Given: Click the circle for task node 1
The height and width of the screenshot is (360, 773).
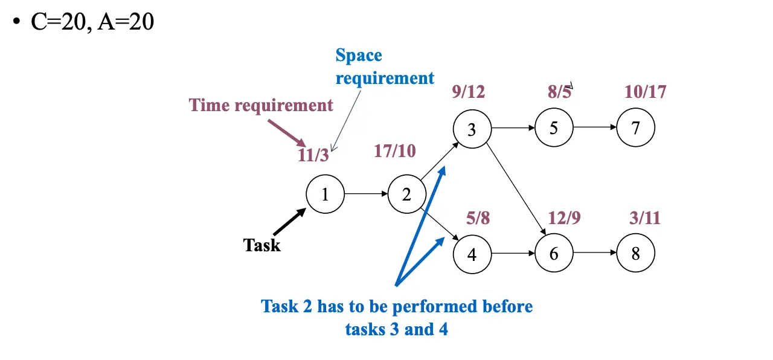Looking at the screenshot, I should [x=325, y=194].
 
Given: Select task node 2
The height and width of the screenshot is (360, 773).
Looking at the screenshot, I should [x=406, y=194].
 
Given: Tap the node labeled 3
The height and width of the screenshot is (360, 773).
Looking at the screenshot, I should [x=472, y=129].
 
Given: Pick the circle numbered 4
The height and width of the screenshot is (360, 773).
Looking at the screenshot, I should [x=472, y=254].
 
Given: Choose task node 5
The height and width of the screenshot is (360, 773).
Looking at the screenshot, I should [x=553, y=128].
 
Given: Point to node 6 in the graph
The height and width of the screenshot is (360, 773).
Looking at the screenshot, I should [x=554, y=254].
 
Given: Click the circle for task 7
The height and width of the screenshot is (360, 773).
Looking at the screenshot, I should [x=635, y=128].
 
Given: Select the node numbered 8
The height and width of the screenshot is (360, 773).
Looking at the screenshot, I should [x=635, y=254].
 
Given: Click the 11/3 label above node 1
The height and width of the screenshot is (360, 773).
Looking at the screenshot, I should [x=313, y=155].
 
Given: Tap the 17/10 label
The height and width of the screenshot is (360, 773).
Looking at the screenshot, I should [x=395, y=151].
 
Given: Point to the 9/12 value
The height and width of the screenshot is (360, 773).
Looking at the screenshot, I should [x=469, y=92].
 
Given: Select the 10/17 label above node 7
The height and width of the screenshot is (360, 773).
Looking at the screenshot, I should [x=646, y=92].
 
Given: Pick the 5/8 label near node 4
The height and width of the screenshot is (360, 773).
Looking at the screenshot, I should [x=478, y=217].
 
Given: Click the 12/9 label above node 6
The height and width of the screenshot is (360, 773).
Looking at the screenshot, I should [x=564, y=217].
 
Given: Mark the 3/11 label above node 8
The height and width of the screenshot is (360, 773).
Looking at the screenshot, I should [x=645, y=217].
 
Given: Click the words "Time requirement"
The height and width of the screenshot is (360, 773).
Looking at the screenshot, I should [x=261, y=105].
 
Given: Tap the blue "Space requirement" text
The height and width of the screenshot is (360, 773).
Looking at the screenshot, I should [x=384, y=67].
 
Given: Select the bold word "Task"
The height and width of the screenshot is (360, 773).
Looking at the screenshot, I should [x=261, y=245].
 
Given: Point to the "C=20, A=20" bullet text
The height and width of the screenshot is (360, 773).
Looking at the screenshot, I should [x=92, y=22].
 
